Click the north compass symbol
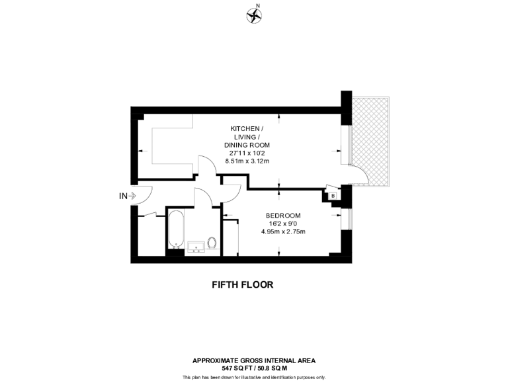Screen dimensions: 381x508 pos(253,15)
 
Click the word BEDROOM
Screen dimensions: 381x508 pos(283,216)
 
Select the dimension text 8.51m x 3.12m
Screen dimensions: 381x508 pos(247,161)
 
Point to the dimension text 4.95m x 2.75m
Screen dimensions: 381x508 pos(283,232)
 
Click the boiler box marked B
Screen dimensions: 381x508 pos(333,195)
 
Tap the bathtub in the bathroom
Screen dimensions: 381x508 pos(175,230)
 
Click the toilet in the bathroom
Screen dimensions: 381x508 pos(212,243)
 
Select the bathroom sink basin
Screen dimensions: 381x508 pos(196,247)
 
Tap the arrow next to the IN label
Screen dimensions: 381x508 pos(132,196)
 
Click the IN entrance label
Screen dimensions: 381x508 pos(122,196)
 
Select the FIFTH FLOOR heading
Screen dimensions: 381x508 pos(242,284)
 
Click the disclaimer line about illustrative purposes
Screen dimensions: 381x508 pos(253,377)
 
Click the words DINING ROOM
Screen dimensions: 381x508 pos(247,145)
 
